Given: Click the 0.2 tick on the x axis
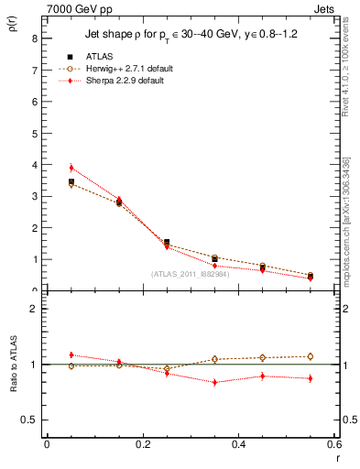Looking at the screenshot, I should pos(142,443).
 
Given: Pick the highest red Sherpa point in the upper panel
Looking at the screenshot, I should pos(71,168).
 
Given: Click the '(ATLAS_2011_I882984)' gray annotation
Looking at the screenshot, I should pos(190,274).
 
